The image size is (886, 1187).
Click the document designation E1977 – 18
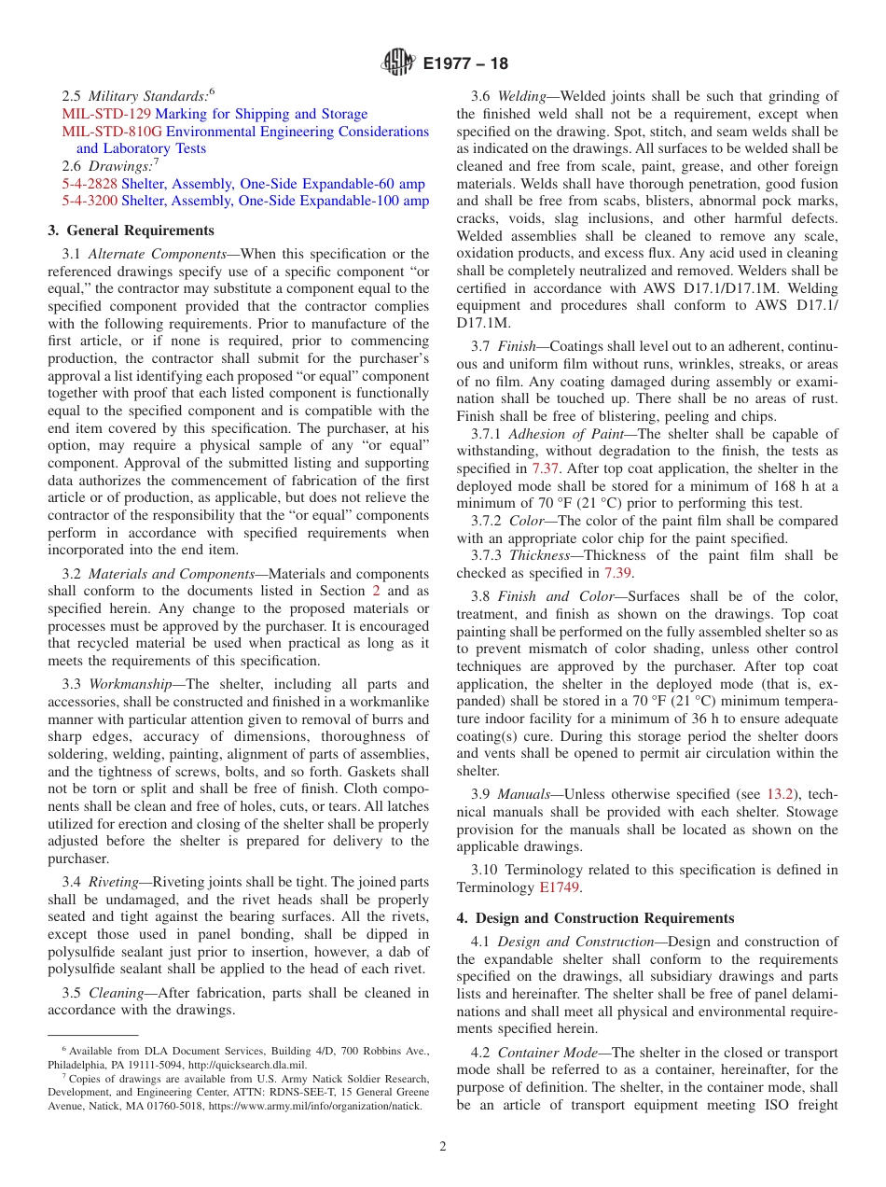point(465,64)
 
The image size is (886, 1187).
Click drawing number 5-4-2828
point(90,184)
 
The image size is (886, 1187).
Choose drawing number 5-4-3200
point(90,201)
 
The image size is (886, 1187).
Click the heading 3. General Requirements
point(131,230)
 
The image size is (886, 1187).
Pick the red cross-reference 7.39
point(616,573)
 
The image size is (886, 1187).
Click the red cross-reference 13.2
point(780,794)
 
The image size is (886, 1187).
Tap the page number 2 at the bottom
point(443,1147)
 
